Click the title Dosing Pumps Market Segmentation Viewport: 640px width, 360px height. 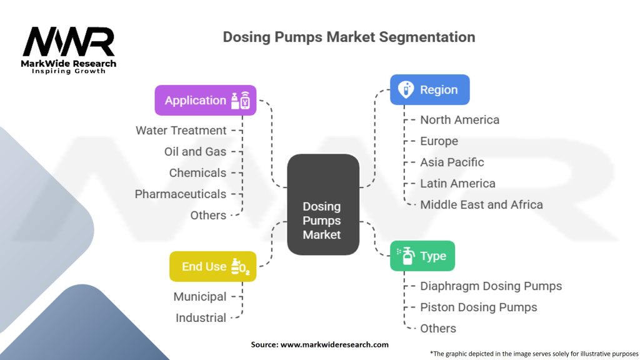[x=349, y=37]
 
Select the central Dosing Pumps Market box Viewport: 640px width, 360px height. [x=322, y=204]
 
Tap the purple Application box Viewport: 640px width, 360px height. [x=206, y=100]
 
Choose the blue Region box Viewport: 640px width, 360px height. [x=429, y=89]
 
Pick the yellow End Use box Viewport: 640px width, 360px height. [x=212, y=266]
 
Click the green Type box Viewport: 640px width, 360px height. [x=422, y=256]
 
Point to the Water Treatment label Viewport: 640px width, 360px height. [x=181, y=131]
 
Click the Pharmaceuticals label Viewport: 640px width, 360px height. [x=181, y=194]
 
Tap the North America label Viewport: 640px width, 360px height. [x=459, y=120]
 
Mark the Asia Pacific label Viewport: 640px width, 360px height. [x=452, y=162]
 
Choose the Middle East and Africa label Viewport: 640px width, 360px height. [x=481, y=205]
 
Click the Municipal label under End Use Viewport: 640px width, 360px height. [x=200, y=297]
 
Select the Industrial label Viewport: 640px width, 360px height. [x=201, y=318]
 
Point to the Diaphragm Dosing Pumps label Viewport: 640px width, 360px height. [x=491, y=286]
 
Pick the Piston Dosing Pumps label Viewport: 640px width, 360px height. [x=478, y=307]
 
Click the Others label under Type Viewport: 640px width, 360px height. [x=437, y=329]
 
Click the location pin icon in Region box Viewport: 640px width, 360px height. [x=406, y=89]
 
